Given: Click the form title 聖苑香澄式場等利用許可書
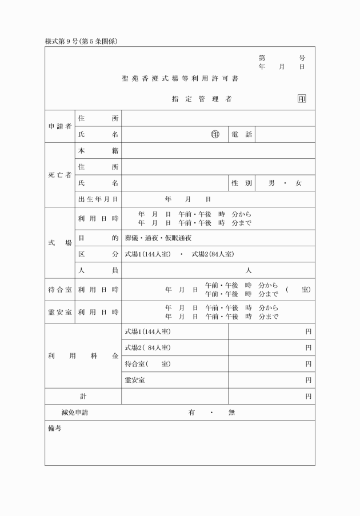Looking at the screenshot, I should tap(180, 79).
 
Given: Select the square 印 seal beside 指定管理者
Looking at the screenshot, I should tap(302, 99).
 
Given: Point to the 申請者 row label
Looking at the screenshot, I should tap(59, 126).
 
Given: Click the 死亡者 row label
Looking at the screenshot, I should tap(59, 175).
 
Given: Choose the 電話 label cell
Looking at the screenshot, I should tap(242, 134).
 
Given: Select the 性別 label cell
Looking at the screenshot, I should tap(242, 183).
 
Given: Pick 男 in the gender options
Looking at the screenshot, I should tap(271, 183).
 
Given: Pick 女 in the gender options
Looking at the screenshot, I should tap(298, 183).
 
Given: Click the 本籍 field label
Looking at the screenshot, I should tap(98, 150).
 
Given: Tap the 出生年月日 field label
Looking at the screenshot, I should tap(98, 199).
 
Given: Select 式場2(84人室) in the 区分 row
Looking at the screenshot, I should tap(213, 254).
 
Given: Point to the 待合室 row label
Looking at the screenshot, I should tap(59, 290).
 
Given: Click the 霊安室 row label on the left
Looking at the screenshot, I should tap(59, 312).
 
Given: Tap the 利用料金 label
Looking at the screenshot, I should tap(83, 355).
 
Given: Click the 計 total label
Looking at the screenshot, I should tap(83, 396).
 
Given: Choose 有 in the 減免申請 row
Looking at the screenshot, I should tap(191, 413).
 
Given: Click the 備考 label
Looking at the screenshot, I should tap(55, 429).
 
